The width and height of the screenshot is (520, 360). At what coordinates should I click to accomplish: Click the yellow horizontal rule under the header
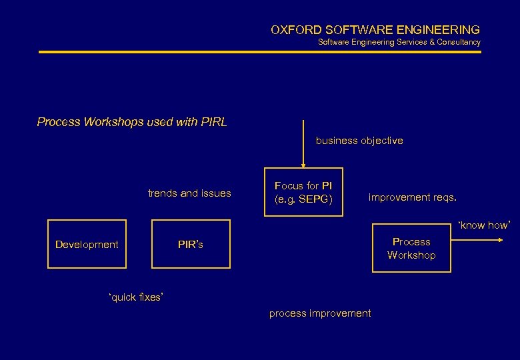coord(260,51)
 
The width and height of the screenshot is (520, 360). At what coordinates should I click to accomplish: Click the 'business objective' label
coord(359,141)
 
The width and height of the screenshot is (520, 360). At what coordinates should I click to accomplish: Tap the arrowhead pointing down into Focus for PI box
coord(303,164)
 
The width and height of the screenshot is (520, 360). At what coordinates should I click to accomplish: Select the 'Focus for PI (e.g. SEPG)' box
coord(303,192)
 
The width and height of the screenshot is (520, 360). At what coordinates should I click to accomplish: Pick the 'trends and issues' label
coord(189,193)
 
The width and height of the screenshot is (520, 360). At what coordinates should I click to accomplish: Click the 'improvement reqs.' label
coord(413,197)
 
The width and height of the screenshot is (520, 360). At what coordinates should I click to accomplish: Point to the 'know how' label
coord(484,225)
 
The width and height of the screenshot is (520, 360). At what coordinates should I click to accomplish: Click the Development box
coord(87,244)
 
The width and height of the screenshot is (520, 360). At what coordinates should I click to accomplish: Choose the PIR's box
coord(191,244)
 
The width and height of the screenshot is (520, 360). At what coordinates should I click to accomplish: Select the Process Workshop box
coord(411,248)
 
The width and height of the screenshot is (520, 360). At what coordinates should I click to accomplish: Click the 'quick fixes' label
coord(135,297)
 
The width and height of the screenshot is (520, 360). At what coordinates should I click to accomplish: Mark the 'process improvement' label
coord(320,313)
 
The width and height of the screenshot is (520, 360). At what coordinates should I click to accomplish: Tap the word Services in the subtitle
coord(399,42)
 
